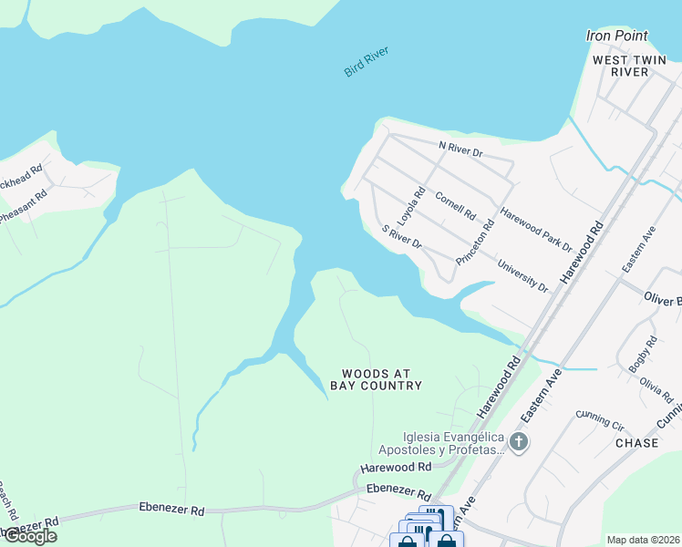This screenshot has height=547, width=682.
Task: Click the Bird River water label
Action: click(367, 61)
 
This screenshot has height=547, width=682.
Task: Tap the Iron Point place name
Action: click(616, 36)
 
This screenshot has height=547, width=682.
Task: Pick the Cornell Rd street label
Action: click(456, 206)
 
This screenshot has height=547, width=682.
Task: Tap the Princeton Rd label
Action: click(475, 242)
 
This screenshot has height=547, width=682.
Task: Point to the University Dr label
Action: click(522, 275)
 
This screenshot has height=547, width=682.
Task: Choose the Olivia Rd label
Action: click(656, 390)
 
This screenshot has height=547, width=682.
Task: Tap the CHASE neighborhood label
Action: click(636, 442)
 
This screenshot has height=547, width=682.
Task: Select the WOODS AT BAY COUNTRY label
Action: click(382, 379)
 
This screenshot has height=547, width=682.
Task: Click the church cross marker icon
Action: click(519, 443)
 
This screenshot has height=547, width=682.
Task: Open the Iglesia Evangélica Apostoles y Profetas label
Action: click(442, 443)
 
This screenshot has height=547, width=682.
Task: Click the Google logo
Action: click(29, 536)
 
